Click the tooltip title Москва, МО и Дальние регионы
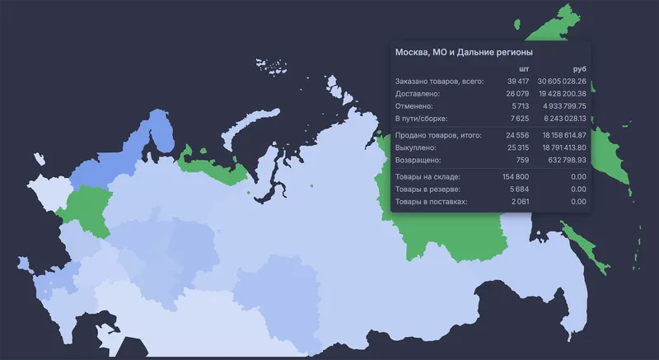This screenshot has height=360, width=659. pyautogui.click(x=453, y=52)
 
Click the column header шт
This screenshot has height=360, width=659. pyautogui.click(x=524, y=68)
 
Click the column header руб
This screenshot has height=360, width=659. pyautogui.click(x=579, y=68)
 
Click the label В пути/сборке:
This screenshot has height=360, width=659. pyautogui.click(x=421, y=119)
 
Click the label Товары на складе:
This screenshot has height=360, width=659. pyautogui.click(x=428, y=176)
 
